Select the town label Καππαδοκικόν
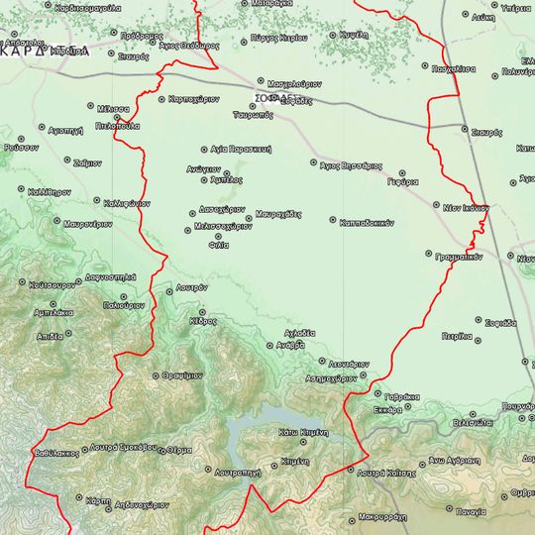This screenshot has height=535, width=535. pyautogui.click(x=362, y=221)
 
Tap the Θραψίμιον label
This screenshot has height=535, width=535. pyautogui.click(x=182, y=376)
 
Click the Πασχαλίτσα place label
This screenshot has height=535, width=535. pyautogui.click(x=455, y=69)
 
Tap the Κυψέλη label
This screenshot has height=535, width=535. pyautogui.click(x=354, y=34)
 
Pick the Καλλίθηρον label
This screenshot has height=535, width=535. pyautogui.click(x=50, y=188)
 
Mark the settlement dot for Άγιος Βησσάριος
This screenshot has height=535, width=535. pyautogui.click(x=313, y=162)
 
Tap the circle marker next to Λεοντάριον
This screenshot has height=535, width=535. pyautogui.click(x=322, y=361)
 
